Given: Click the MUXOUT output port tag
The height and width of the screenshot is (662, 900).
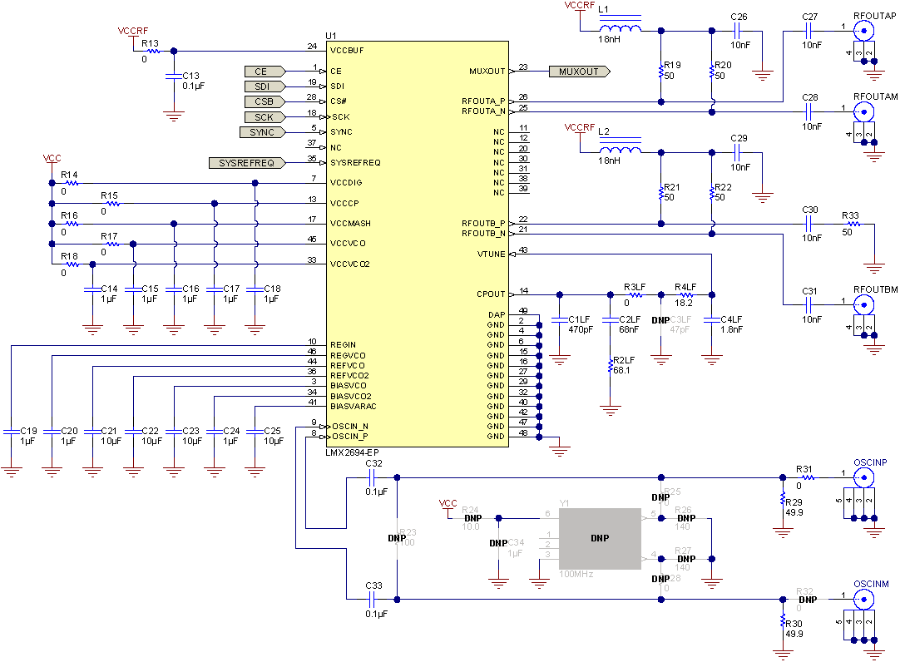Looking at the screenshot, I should pos(579,72).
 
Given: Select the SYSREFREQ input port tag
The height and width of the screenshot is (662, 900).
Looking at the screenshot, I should pos(246,163).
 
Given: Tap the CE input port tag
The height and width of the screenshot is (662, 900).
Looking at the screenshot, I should pos(264,72).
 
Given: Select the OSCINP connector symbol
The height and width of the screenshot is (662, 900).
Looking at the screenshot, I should pos(866,477).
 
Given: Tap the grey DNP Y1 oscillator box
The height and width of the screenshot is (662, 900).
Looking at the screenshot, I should pos(600,538).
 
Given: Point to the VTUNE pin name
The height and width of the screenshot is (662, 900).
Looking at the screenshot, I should pos(491,254).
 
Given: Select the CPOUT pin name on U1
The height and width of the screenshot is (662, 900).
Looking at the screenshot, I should pos(490,294).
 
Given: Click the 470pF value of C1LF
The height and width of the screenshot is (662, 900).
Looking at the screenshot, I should pos(581,329).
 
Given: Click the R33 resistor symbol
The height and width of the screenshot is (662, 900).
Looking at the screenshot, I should pos(850,224).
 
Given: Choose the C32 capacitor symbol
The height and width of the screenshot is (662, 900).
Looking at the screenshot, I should pos(373,477).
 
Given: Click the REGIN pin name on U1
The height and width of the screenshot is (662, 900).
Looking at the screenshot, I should pos(343,344).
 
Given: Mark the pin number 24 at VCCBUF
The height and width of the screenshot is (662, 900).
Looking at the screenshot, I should pos(312,47).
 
